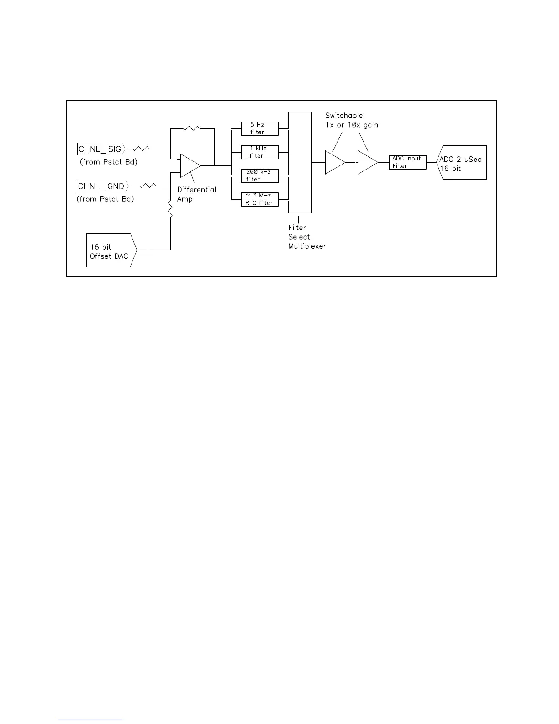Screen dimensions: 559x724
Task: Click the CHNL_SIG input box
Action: coord(100,149)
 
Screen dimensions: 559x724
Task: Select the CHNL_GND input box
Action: coord(102,186)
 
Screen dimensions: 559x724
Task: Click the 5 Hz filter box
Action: coord(259,128)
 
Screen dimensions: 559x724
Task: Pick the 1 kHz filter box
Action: coord(259,152)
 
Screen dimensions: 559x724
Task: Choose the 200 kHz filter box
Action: coord(259,176)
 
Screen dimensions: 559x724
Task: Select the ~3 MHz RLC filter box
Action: coord(259,199)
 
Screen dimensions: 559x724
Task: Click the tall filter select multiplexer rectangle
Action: coord(300,162)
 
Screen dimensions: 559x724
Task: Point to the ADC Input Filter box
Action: coord(407,162)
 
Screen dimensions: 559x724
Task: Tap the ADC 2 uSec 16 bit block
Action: coord(462,163)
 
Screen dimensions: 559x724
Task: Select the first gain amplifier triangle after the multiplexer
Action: coord(335,162)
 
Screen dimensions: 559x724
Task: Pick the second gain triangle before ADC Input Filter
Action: coord(367,162)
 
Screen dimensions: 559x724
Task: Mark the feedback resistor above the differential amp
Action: coord(192,129)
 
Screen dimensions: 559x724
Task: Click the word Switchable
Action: coord(343,116)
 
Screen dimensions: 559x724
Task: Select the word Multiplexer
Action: coord(307,246)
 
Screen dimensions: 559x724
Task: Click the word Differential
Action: coord(196,190)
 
